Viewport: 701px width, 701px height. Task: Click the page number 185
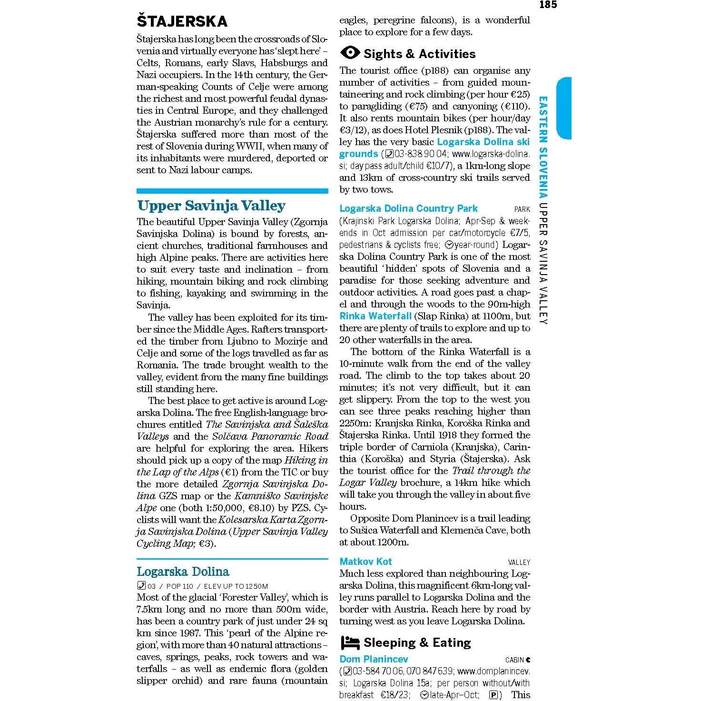click(548, 5)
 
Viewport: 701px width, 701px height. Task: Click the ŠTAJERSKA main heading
click(182, 21)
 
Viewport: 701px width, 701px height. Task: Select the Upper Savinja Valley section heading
click(211, 206)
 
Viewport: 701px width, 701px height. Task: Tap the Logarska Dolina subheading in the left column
click(183, 572)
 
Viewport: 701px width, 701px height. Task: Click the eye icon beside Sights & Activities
click(350, 53)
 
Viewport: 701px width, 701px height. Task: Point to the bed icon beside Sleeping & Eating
click(350, 643)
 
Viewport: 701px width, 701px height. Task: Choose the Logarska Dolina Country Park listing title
click(408, 208)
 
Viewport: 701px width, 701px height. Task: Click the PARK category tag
click(522, 209)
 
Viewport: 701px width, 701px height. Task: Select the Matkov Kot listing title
click(366, 562)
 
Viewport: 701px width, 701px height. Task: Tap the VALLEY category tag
click(519, 563)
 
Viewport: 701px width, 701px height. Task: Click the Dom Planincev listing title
click(374, 659)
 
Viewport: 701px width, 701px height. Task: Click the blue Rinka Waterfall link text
click(375, 316)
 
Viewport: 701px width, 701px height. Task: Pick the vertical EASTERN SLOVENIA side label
click(543, 147)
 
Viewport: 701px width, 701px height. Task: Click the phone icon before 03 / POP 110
click(141, 586)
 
